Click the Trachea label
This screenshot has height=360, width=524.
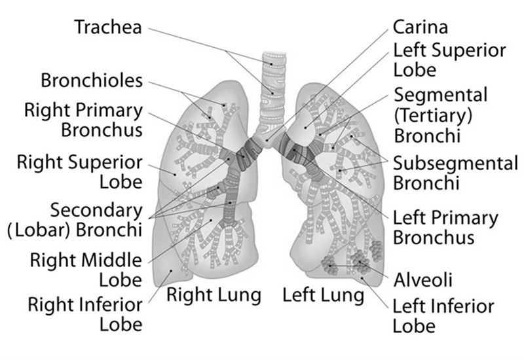[108, 27]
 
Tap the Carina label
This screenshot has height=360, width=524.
[420, 27]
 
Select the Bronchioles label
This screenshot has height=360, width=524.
[92, 81]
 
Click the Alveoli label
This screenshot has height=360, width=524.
[422, 280]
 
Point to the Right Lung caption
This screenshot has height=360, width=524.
[214, 295]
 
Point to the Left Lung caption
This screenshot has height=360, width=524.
[324, 295]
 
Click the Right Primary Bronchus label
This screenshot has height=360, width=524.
[84, 120]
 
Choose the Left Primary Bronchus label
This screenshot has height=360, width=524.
[445, 228]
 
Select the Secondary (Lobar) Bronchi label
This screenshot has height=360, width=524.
[75, 220]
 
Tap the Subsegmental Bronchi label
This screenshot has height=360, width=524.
[455, 173]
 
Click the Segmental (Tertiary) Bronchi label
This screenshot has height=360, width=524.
[440, 115]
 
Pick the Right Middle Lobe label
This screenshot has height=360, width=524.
[86, 270]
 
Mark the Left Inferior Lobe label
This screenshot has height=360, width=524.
[443, 316]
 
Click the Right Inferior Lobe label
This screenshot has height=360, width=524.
[85, 314]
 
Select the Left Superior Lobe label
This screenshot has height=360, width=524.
[449, 60]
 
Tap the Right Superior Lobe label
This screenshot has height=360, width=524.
[80, 172]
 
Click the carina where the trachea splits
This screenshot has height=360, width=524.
[267, 141]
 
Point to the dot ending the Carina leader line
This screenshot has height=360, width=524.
[267, 141]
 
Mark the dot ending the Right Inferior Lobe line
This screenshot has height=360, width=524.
[171, 271]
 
